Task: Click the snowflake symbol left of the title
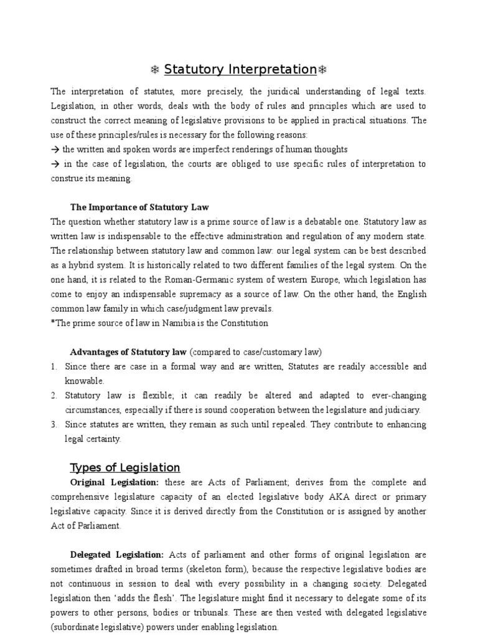pyautogui.click(x=156, y=69)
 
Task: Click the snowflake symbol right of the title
pyautogui.click(x=322, y=69)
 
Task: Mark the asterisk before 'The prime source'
pyautogui.click(x=52, y=323)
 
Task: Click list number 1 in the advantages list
pyautogui.click(x=54, y=366)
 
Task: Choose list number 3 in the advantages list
pyautogui.click(x=54, y=424)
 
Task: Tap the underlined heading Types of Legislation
pyautogui.click(x=125, y=467)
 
